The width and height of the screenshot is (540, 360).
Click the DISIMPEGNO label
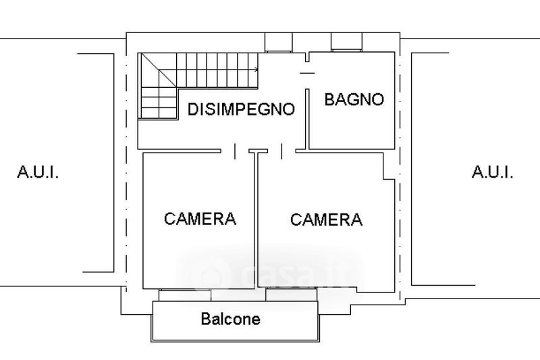coord(241,109)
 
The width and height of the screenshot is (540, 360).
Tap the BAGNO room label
coord(354,99)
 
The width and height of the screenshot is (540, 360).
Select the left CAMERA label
coord(200,219)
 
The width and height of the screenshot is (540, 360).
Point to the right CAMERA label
coord(326,220)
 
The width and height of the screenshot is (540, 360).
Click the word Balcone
coord(230,319)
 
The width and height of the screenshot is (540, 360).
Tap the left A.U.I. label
coord(38,172)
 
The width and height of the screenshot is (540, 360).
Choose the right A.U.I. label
coord(493,172)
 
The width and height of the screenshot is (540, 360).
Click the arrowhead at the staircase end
coord(256,70)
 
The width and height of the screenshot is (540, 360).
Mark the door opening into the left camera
coord(235,151)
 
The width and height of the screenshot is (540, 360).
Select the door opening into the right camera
coord(281,151)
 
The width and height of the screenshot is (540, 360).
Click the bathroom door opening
coord(307,75)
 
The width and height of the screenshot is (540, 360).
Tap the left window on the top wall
coord(278,43)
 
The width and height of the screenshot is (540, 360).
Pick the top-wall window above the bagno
coord(346,42)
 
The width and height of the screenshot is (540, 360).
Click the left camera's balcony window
coord(185,295)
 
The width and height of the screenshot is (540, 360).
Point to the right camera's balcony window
coord(292,295)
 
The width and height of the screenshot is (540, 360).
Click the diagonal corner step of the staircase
coord(159,70)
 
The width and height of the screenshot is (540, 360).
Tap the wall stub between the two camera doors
coord(259,151)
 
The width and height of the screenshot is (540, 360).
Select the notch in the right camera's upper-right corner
coord(389,166)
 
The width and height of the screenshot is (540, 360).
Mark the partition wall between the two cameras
coord(256,220)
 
